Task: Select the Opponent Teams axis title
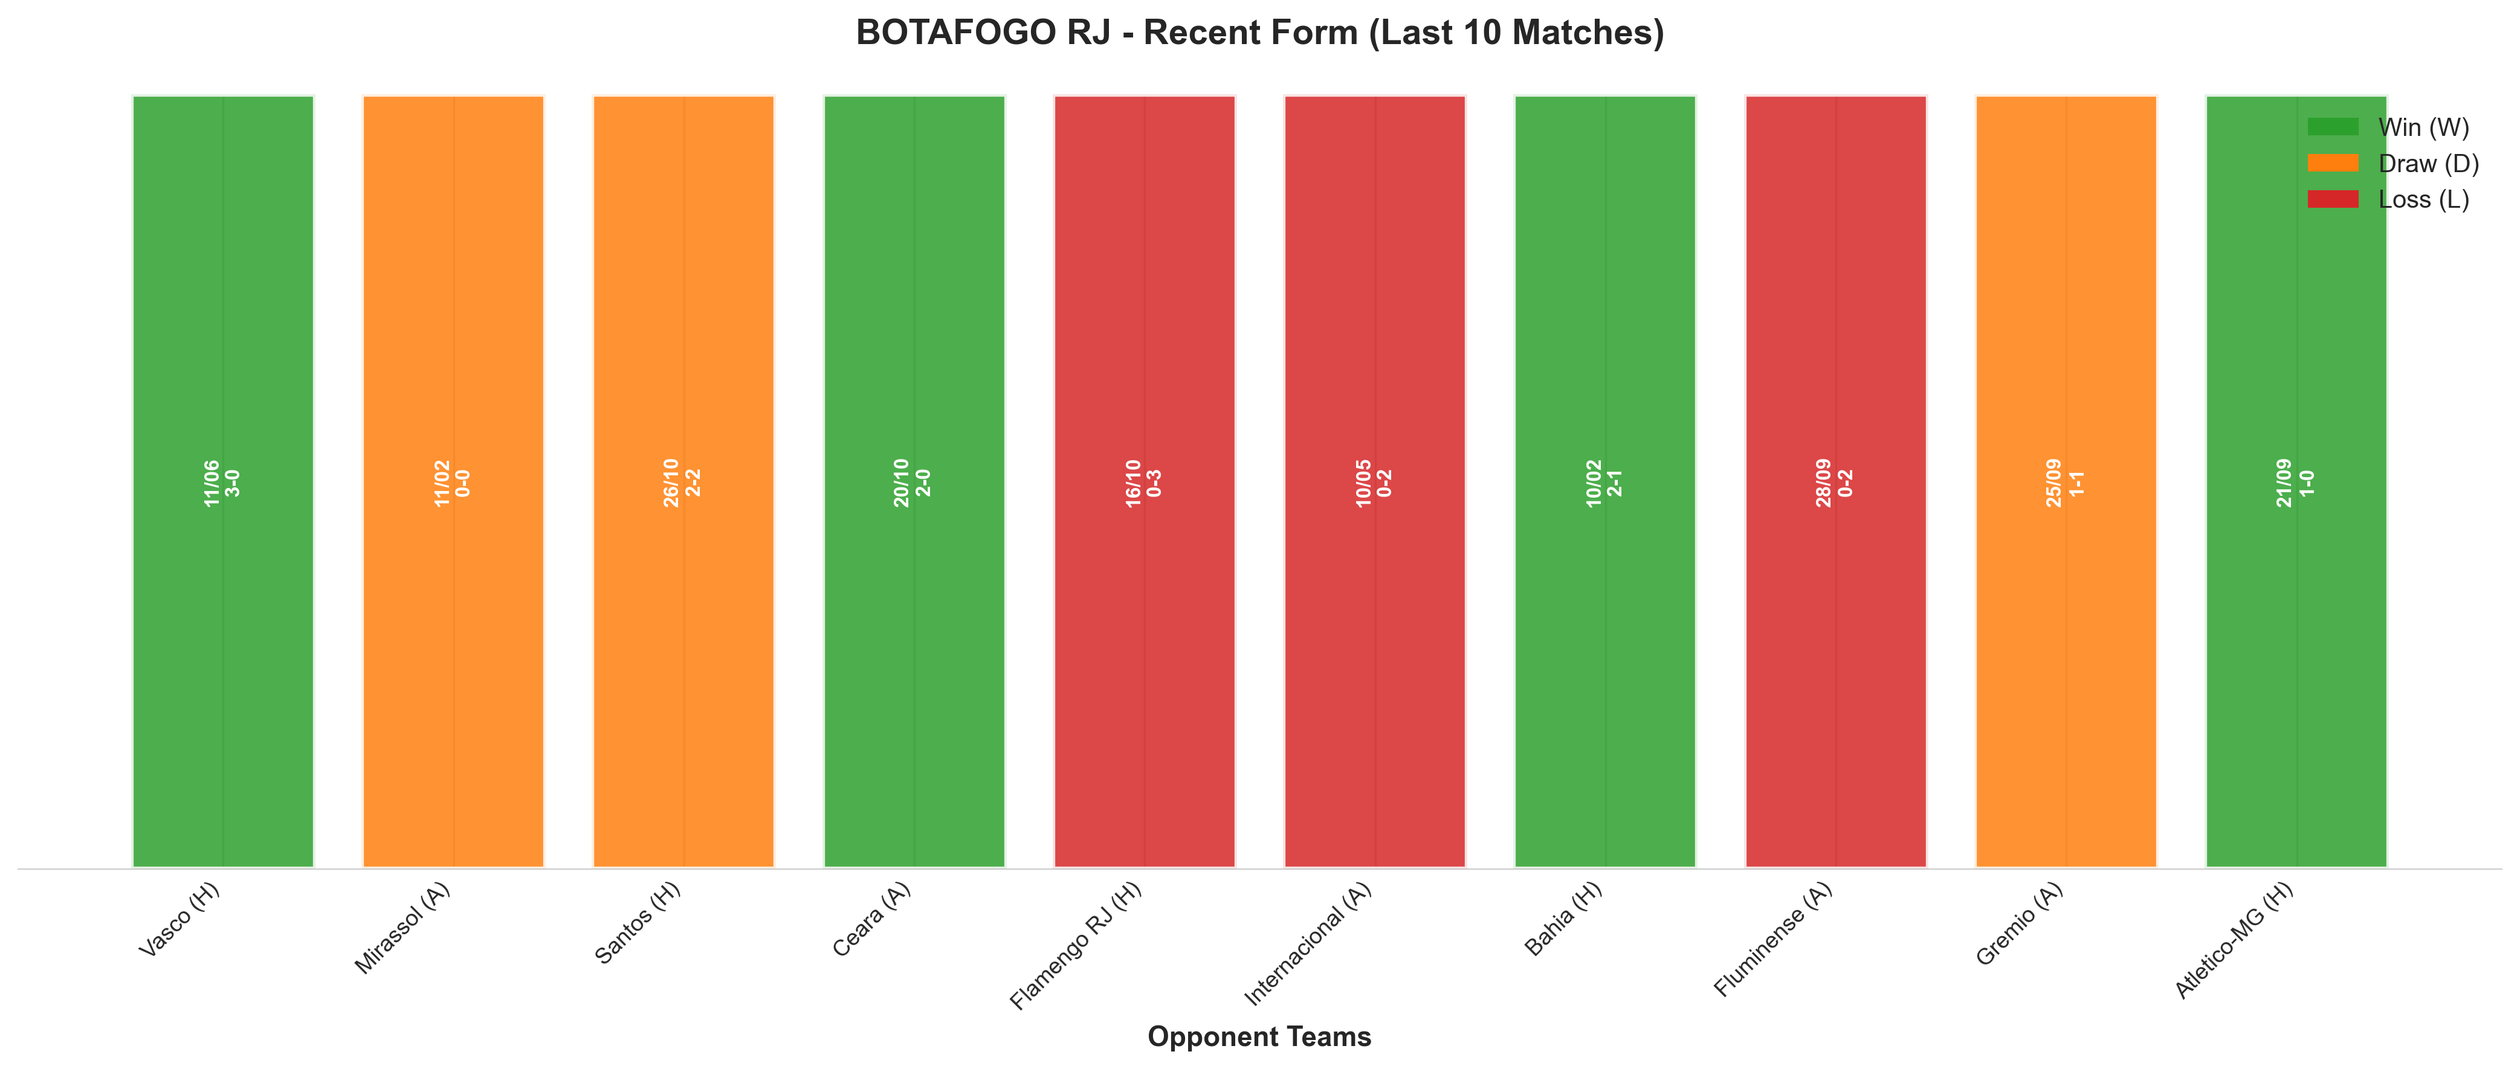(x=1259, y=1037)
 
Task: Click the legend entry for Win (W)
(x=2388, y=127)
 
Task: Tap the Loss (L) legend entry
(x=2388, y=199)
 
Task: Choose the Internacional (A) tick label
(x=1308, y=943)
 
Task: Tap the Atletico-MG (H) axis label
(x=2234, y=940)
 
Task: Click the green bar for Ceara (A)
(x=915, y=481)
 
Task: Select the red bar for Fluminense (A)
(x=1836, y=481)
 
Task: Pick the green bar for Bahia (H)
(x=1605, y=481)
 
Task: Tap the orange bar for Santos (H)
(x=684, y=481)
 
